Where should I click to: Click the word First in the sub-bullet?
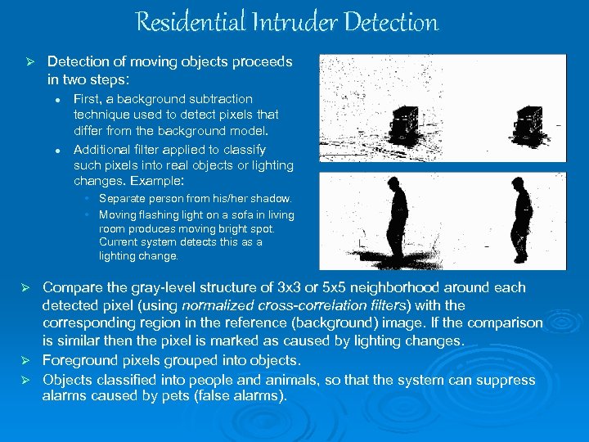point(87,99)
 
